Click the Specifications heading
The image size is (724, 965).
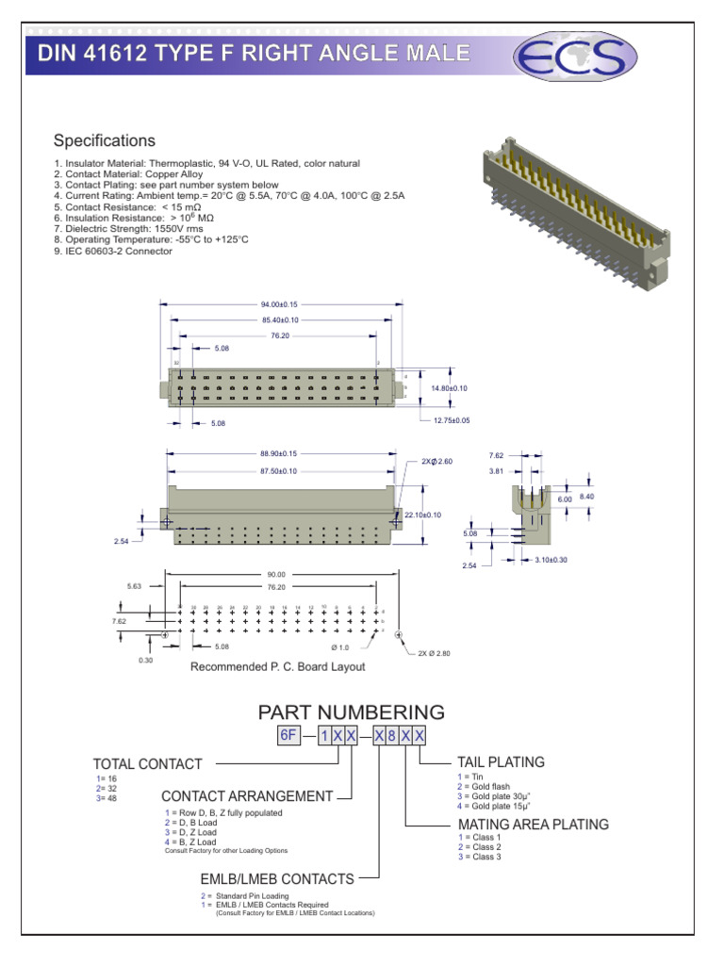click(x=104, y=141)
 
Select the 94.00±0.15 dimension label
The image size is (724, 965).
click(x=279, y=304)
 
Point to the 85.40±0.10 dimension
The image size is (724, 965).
click(x=279, y=319)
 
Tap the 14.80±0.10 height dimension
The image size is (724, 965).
click(x=449, y=388)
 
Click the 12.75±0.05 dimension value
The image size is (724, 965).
click(x=452, y=419)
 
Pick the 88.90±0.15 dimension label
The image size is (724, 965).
click(x=279, y=453)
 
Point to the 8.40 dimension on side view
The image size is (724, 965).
click(x=586, y=496)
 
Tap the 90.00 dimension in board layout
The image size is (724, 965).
click(x=275, y=573)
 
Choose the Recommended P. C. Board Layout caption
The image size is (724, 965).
click(x=277, y=666)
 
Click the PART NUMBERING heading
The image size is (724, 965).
click(x=351, y=711)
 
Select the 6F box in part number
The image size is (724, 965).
click(x=288, y=736)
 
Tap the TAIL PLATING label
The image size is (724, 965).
click(x=501, y=761)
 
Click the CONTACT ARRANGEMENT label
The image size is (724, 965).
click(x=247, y=796)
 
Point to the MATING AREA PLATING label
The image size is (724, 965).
click(x=533, y=825)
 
